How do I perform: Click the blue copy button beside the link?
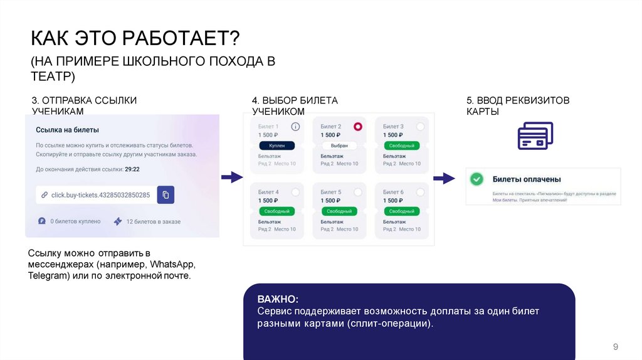click(166, 194)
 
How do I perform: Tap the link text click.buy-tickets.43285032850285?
click(100, 195)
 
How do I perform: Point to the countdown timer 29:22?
click(132, 169)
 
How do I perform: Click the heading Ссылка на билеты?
click(67, 130)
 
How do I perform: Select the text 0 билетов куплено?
click(75, 221)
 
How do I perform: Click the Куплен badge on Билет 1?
click(276, 146)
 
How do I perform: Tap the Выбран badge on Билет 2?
click(339, 146)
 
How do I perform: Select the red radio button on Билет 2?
click(357, 127)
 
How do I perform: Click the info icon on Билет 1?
click(295, 127)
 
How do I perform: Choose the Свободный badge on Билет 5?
click(339, 211)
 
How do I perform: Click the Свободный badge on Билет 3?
click(401, 146)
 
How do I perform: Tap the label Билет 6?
click(393, 192)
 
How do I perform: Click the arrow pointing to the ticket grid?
click(233, 177)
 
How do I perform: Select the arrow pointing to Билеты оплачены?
click(445, 178)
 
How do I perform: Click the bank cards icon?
click(535, 135)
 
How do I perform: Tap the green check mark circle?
click(477, 179)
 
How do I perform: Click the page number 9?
click(615, 347)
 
